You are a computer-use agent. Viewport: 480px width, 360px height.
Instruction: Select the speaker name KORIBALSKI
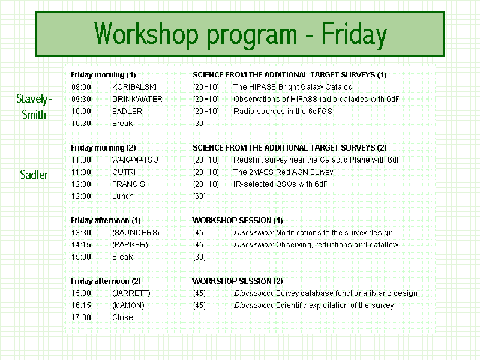click(x=134, y=87)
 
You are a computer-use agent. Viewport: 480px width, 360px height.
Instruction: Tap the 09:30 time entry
click(x=81, y=99)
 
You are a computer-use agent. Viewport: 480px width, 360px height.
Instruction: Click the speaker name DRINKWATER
click(x=137, y=99)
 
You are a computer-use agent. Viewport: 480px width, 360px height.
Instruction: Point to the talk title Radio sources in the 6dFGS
click(x=283, y=111)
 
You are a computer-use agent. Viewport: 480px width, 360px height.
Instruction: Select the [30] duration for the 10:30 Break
click(x=199, y=124)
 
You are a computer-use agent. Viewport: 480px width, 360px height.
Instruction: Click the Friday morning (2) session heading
click(x=103, y=148)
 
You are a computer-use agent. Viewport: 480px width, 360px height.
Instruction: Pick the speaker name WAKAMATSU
click(x=135, y=160)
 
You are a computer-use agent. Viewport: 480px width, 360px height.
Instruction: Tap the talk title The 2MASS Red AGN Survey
click(x=283, y=172)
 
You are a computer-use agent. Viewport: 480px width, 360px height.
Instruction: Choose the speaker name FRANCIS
click(x=128, y=184)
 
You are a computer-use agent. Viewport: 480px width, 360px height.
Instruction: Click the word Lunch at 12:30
click(x=123, y=196)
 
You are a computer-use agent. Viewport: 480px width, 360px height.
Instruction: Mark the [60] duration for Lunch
click(x=199, y=196)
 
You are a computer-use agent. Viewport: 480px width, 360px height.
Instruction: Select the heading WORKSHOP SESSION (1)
click(x=237, y=220)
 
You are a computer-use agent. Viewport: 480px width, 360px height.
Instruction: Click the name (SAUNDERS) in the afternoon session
click(x=136, y=233)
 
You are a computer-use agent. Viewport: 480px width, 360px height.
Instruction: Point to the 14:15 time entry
click(x=81, y=245)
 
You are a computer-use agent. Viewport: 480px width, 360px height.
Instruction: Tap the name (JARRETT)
click(x=131, y=293)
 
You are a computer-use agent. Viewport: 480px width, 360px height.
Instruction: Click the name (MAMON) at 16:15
click(x=128, y=305)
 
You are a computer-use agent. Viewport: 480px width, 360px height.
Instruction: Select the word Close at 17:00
click(x=122, y=317)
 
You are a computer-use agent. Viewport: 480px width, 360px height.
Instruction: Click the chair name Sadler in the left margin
click(x=34, y=175)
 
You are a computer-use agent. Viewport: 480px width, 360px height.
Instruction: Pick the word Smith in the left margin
click(x=34, y=115)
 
